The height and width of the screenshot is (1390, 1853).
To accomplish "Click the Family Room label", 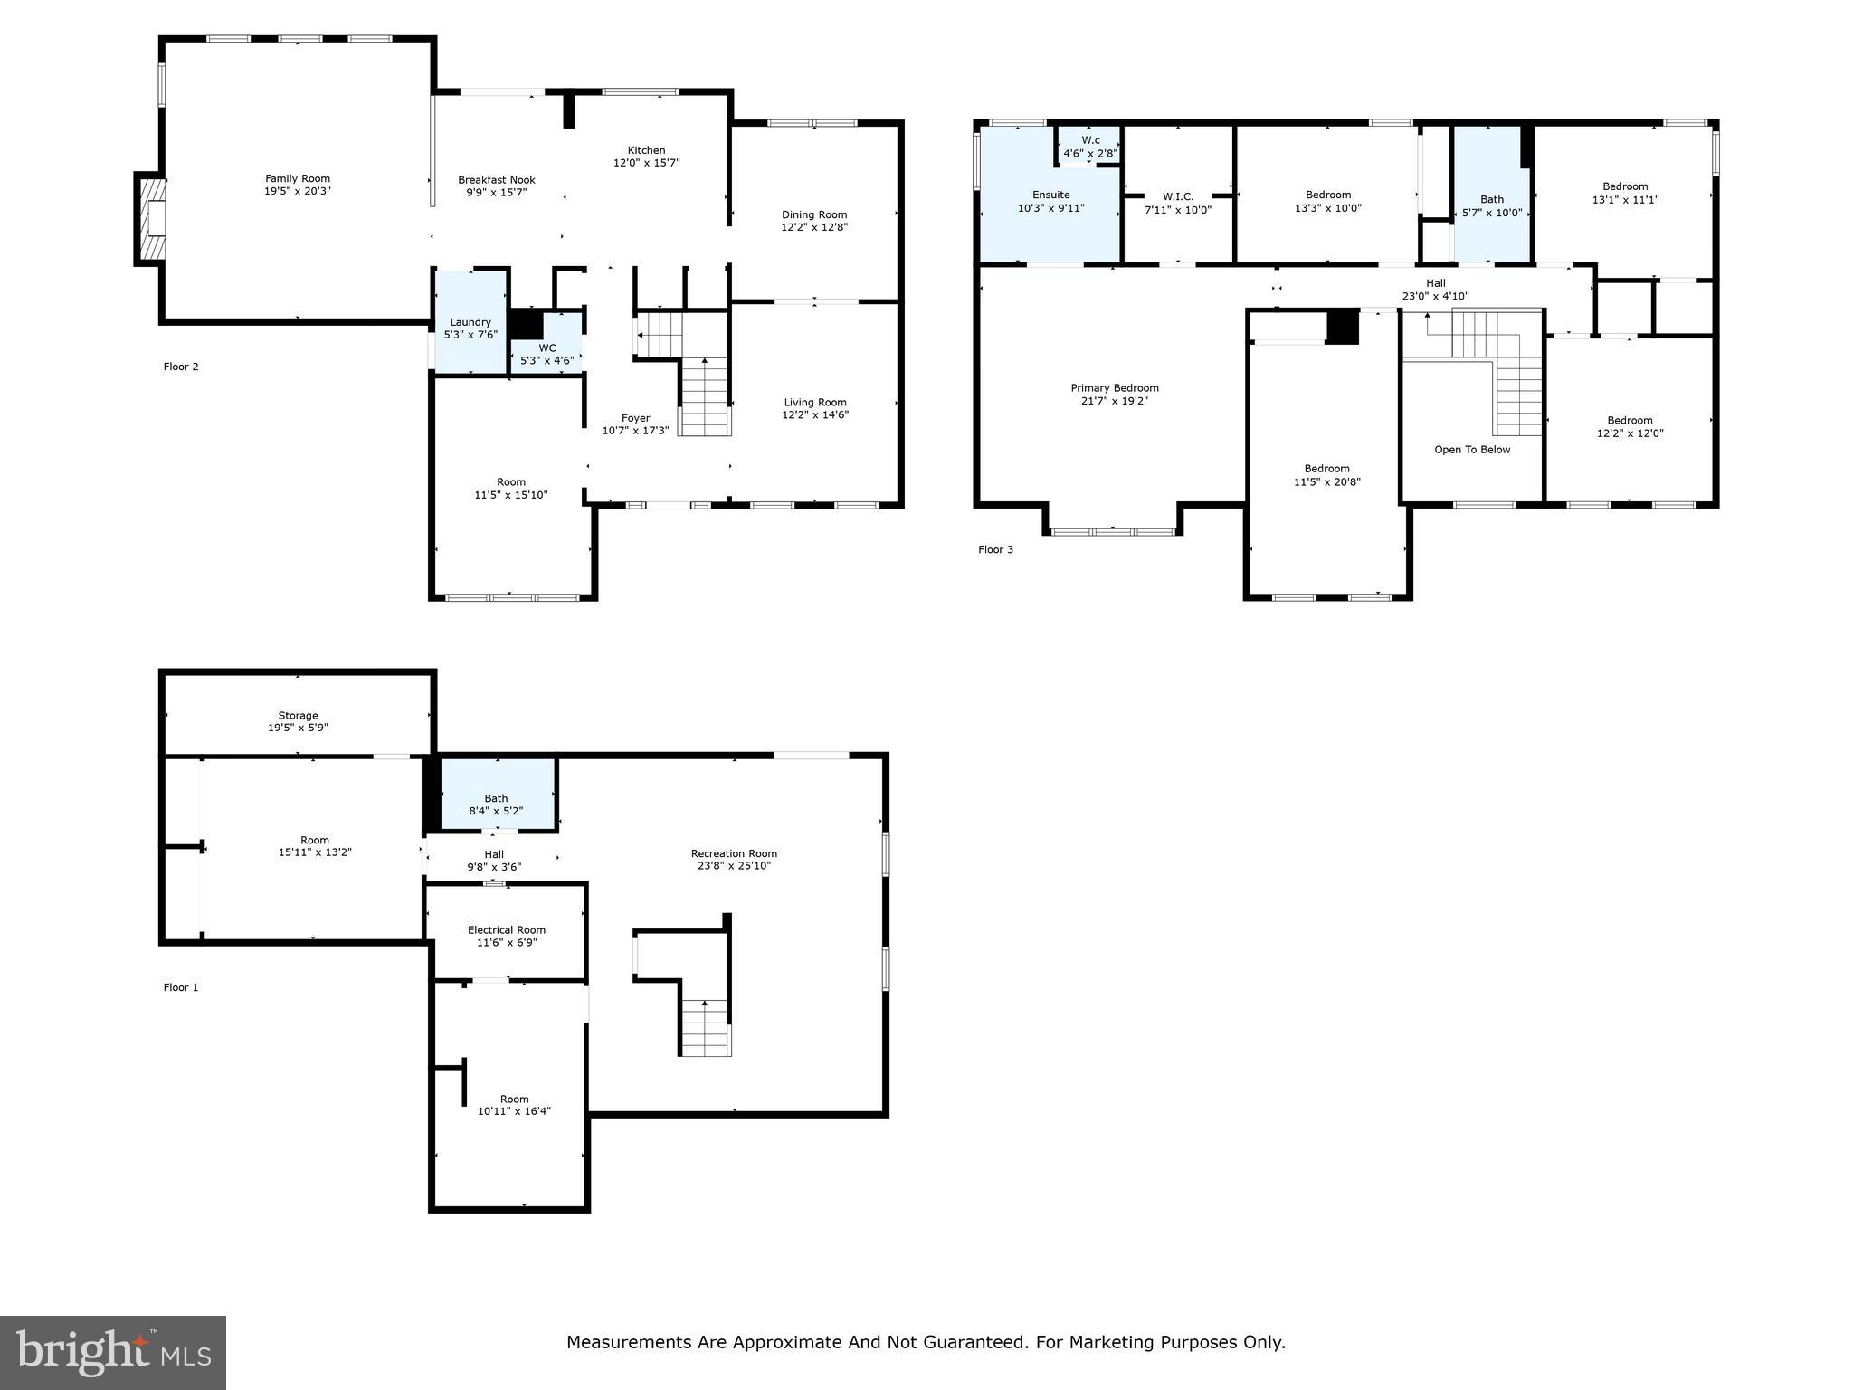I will (x=297, y=178).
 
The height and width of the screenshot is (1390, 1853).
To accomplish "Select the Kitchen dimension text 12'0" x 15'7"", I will (x=646, y=163).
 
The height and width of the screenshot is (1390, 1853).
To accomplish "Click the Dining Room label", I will (x=814, y=214).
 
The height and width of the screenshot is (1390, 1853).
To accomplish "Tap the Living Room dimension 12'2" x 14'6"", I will (x=815, y=415).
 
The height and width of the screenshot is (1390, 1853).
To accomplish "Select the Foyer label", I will (x=635, y=418).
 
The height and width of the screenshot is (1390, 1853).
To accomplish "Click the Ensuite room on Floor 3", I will (x=1050, y=201).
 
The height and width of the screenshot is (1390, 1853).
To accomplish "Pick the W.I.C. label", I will (x=1178, y=196).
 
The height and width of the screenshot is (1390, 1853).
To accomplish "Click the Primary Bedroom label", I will (x=1115, y=388).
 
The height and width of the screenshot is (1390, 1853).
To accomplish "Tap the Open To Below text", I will (x=1472, y=450).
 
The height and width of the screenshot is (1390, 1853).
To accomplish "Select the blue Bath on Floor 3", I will (x=1491, y=205).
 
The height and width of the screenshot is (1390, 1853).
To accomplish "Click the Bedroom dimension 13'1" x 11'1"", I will (x=1625, y=200).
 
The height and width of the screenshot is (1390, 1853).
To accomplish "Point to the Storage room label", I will (x=298, y=716).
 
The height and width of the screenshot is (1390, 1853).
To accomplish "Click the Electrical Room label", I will (x=507, y=930).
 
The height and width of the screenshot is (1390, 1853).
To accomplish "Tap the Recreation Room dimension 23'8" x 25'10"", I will (x=734, y=866).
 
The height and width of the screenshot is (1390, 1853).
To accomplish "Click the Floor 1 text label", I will (x=180, y=987).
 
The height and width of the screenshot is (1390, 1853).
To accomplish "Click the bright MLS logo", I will (x=112, y=1352).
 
